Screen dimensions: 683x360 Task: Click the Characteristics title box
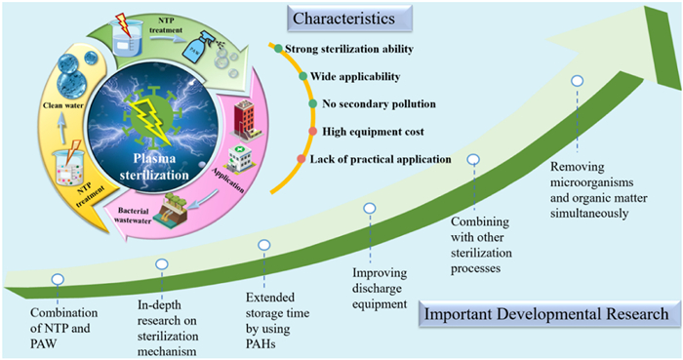[x=349, y=19]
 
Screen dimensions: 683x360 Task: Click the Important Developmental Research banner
[x=548, y=314]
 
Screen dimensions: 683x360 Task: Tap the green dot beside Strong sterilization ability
[x=278, y=49]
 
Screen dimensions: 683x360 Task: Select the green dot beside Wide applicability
[x=303, y=77]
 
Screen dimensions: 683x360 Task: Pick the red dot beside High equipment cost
[x=313, y=132]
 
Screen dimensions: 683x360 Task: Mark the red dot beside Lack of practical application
[x=301, y=159]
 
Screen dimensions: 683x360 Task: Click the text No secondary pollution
[x=379, y=104]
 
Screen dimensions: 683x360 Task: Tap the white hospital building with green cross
[x=240, y=159]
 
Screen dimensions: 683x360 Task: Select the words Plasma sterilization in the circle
[x=154, y=167]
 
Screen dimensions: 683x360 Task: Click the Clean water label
[x=63, y=105]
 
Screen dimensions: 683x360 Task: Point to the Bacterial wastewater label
[x=134, y=216]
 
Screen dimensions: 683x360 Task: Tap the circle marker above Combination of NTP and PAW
[x=58, y=279]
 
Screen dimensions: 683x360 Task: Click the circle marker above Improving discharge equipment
[x=370, y=209]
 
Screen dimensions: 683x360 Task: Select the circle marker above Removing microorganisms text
[x=578, y=81]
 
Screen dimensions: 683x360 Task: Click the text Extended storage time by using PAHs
[x=277, y=321]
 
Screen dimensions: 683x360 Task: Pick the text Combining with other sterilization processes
[x=481, y=245]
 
